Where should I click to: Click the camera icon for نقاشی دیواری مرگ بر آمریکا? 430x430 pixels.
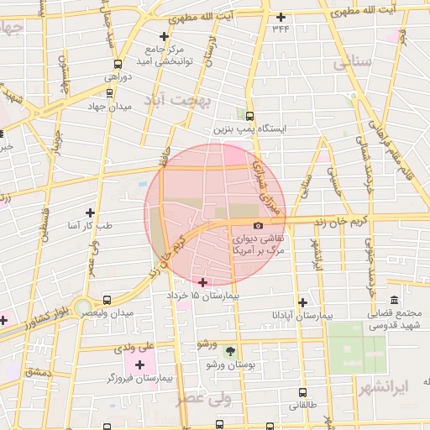(x=258, y=226)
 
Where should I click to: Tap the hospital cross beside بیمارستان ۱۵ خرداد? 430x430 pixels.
(x=202, y=281)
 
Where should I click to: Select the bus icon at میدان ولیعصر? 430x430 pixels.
(x=107, y=300)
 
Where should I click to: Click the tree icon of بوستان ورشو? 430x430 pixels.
(x=231, y=352)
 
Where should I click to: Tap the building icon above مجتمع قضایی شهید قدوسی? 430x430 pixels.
(x=394, y=301)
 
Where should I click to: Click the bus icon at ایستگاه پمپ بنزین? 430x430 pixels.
(x=249, y=117)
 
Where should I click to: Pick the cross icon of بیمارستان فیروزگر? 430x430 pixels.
(x=139, y=364)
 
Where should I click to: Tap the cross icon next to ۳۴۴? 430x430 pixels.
(x=281, y=17)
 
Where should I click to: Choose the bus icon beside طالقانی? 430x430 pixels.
(x=303, y=391)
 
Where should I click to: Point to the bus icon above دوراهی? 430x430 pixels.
(x=118, y=63)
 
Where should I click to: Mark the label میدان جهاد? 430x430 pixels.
(x=110, y=107)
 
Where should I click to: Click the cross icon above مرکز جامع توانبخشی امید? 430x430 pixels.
(x=164, y=36)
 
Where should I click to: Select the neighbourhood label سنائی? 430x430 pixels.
(x=351, y=63)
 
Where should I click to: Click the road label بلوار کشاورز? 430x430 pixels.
(x=34, y=317)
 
